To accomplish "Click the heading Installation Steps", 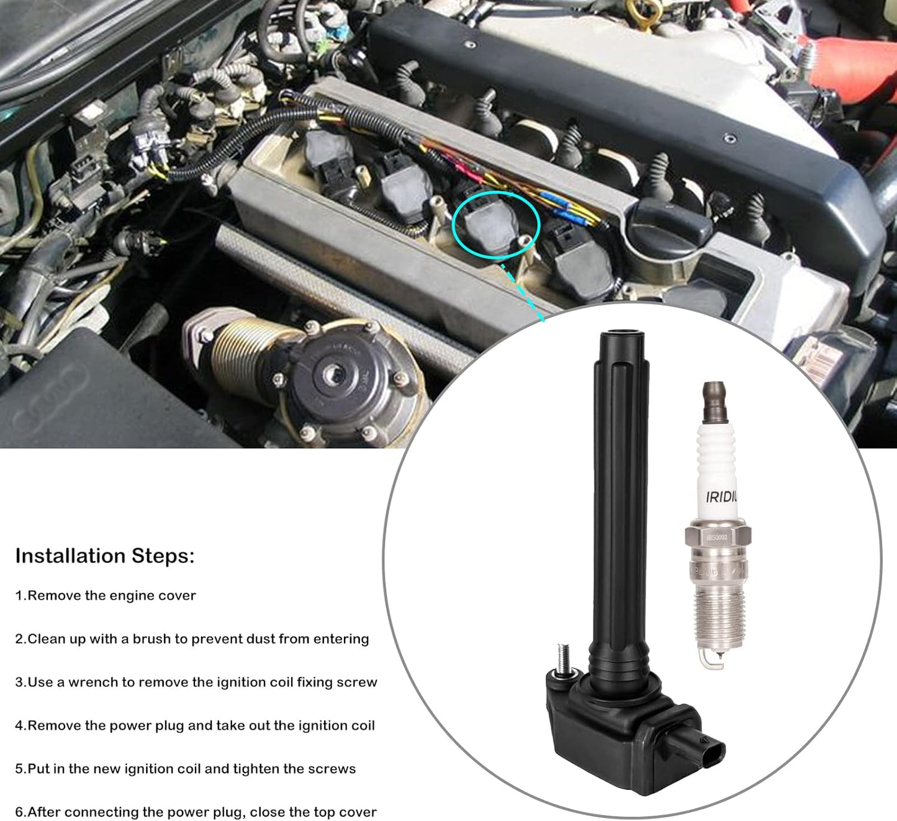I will (x=104, y=556).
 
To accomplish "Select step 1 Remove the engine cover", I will (x=106, y=596).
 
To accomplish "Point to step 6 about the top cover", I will (x=196, y=812).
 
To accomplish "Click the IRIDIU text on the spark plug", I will (x=721, y=496).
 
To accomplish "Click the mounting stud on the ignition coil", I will (x=564, y=657).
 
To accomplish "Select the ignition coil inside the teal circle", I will (x=492, y=222).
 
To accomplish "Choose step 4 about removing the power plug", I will (x=195, y=726).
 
